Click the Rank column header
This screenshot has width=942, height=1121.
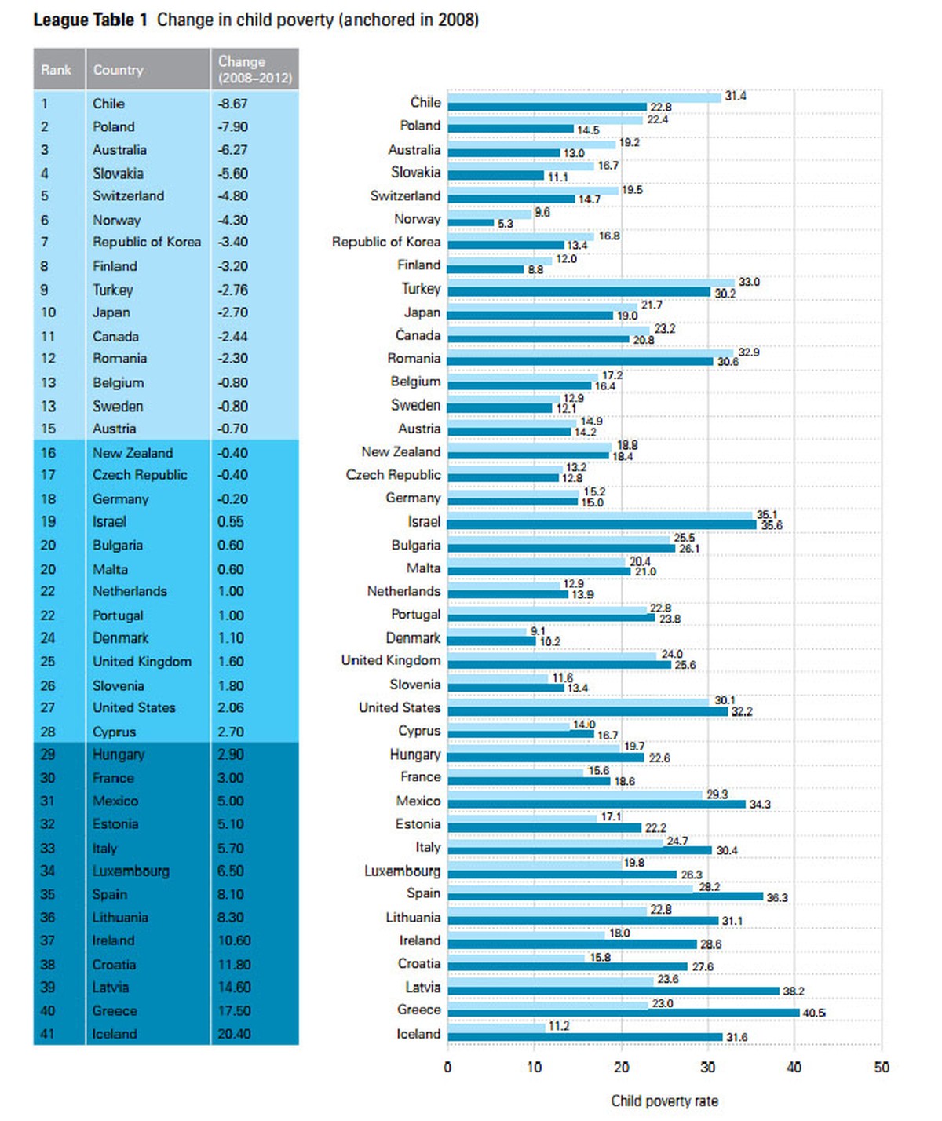56,70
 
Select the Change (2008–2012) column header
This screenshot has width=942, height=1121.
254,70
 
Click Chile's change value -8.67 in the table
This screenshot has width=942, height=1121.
232,104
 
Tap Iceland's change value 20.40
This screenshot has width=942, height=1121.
234,1034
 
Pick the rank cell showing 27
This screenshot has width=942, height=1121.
48,707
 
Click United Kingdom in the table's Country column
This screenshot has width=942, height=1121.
142,662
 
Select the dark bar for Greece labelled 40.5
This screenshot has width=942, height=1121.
623,1013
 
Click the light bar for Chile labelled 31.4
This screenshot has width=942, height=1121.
584,97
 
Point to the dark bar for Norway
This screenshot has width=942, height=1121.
470,222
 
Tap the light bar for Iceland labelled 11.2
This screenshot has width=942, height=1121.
495,1027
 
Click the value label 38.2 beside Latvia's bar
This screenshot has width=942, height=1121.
793,991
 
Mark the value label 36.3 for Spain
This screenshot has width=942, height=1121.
777,897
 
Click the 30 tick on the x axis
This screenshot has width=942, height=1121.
707,1067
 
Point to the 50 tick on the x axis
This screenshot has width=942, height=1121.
881,1067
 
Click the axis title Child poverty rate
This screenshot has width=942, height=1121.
664,1101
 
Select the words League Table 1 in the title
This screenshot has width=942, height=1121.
90,20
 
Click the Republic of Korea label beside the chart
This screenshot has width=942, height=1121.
386,242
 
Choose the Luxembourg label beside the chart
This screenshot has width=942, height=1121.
402,871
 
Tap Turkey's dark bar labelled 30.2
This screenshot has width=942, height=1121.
579,292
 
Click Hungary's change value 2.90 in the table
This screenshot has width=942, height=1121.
231,754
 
